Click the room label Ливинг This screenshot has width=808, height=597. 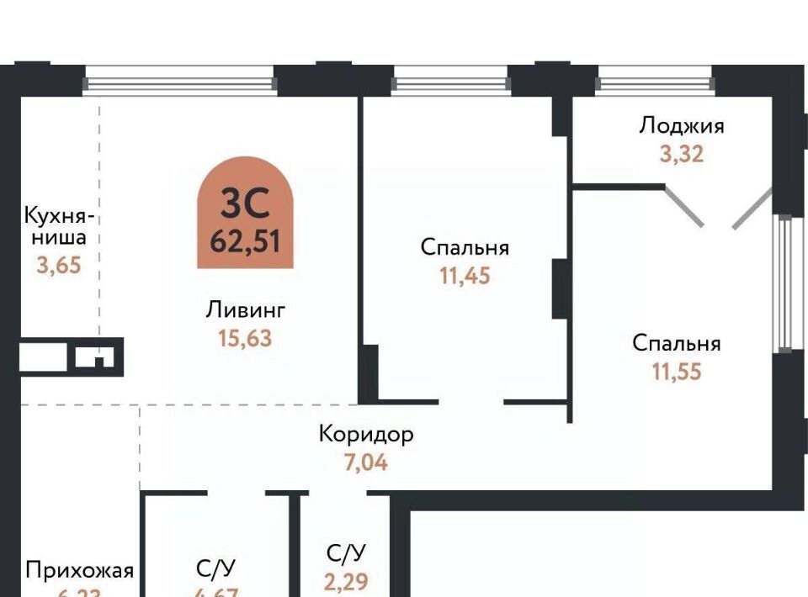pyautogui.click(x=246, y=310)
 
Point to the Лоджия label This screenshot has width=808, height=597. pyautogui.click(x=681, y=126)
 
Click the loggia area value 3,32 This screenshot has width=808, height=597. pyautogui.click(x=681, y=154)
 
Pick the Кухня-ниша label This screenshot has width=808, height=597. pyautogui.click(x=56, y=225)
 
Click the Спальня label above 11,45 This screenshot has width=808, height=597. pyautogui.click(x=465, y=248)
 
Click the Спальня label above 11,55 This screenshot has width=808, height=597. pyautogui.click(x=676, y=343)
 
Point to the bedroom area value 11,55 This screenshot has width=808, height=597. pyautogui.click(x=676, y=371)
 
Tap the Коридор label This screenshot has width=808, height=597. pyautogui.click(x=366, y=434)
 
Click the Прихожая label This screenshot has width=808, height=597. pyautogui.click(x=79, y=571)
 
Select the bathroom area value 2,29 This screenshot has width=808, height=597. pyautogui.click(x=347, y=581)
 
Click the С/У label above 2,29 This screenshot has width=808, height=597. pyautogui.click(x=347, y=553)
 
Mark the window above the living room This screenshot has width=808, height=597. pyautogui.click(x=180, y=82)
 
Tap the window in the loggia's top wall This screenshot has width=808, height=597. pyautogui.click(x=654, y=82)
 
